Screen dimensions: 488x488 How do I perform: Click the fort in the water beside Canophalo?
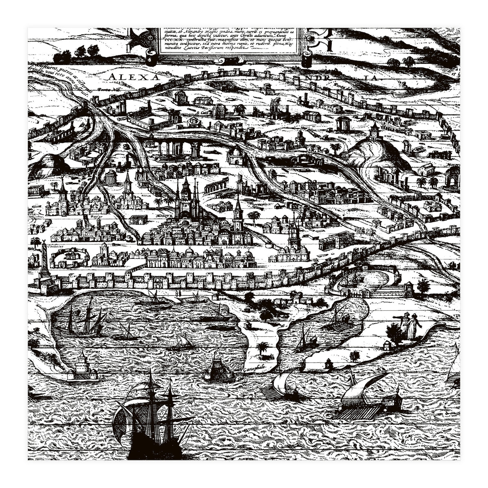point(220,370)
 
